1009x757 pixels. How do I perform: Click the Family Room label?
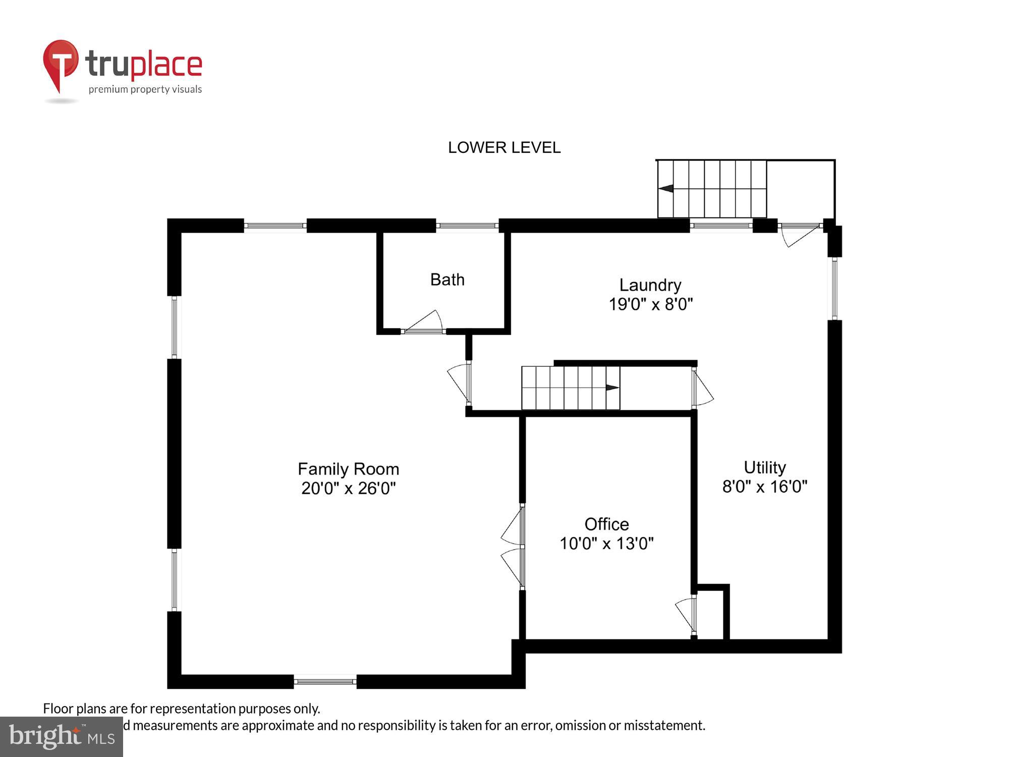point(348,469)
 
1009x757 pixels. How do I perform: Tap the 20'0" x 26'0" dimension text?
point(348,489)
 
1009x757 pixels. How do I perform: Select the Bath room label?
point(447,280)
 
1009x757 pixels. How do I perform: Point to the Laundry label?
point(650,285)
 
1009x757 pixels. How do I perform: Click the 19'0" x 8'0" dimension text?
point(650,304)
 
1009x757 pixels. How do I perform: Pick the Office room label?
point(606,524)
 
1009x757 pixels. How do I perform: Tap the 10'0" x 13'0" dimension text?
point(606,544)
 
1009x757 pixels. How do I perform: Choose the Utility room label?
point(764,468)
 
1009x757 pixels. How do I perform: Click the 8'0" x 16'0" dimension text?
point(764,487)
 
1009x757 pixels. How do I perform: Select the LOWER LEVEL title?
point(504,147)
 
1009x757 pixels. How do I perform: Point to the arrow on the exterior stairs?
point(666,189)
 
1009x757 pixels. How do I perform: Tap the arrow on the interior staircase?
point(612,388)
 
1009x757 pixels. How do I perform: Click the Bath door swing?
point(426,321)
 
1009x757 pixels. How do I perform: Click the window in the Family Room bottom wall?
point(325,681)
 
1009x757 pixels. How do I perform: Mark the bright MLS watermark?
point(62,737)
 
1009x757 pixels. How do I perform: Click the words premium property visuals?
point(145,90)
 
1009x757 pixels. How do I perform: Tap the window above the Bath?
point(467,226)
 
